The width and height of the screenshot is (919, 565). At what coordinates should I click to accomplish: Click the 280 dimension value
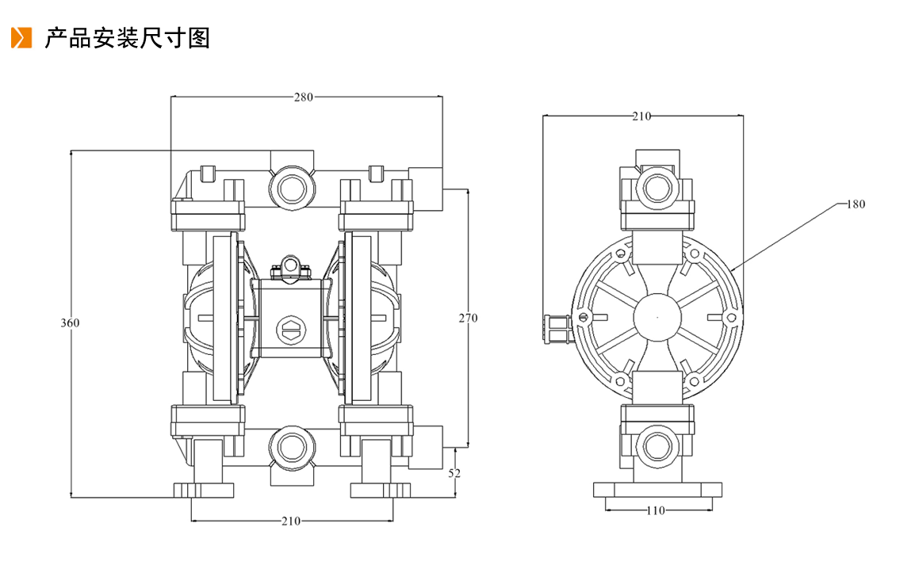[x=304, y=97]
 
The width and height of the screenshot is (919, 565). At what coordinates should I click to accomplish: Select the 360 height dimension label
[x=70, y=323]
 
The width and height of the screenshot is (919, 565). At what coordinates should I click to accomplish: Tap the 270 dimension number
[x=469, y=318]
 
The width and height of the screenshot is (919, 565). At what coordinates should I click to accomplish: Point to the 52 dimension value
[x=454, y=473]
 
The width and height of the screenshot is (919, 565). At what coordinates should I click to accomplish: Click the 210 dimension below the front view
[x=291, y=521]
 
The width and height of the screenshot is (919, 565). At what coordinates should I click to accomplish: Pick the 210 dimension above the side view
[x=641, y=116]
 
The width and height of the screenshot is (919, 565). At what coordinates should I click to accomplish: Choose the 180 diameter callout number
[x=856, y=204]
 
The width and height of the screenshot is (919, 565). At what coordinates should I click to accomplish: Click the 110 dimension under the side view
[x=656, y=510]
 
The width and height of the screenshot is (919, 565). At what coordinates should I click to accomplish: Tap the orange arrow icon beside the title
[x=21, y=38]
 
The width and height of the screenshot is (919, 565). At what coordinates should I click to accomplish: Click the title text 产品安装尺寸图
[x=127, y=38]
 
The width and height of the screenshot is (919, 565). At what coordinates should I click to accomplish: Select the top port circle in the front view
[x=291, y=188]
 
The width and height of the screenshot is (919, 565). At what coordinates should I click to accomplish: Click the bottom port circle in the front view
[x=291, y=448]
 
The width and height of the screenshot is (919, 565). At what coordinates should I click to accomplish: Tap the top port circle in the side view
[x=657, y=188]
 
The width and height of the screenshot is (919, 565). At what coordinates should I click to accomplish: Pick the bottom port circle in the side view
[x=657, y=447]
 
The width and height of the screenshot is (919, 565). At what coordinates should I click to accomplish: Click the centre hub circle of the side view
[x=657, y=317]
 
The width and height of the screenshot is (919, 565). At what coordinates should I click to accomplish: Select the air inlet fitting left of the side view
[x=557, y=329]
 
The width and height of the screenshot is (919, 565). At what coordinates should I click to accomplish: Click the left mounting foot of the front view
[x=203, y=490]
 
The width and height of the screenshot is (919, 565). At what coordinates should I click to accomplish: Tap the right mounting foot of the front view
[x=381, y=490]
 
